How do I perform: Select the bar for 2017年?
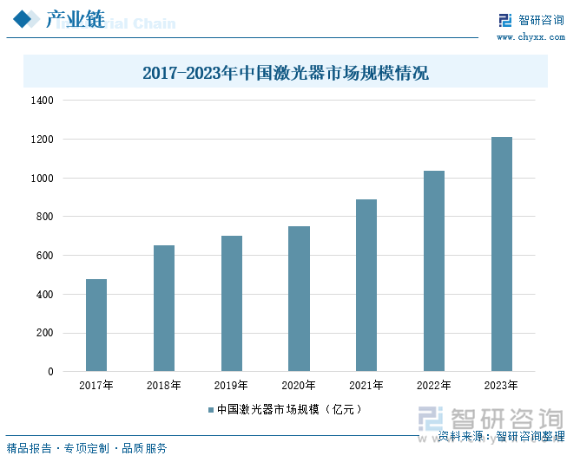click(x=96, y=325)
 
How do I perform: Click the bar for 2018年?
click(x=164, y=308)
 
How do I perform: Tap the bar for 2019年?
click(x=232, y=303)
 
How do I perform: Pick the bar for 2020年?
click(x=299, y=298)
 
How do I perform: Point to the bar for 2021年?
click(x=366, y=285)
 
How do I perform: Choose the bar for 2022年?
click(x=434, y=270)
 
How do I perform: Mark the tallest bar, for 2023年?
click(x=502, y=254)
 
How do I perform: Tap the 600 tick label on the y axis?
click(x=44, y=256)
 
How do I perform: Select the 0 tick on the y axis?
click(x=50, y=372)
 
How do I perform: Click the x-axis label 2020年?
click(x=299, y=386)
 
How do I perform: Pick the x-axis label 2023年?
click(x=502, y=386)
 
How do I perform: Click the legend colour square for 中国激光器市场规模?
click(x=209, y=409)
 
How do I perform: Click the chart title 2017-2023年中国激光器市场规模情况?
click(x=286, y=73)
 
